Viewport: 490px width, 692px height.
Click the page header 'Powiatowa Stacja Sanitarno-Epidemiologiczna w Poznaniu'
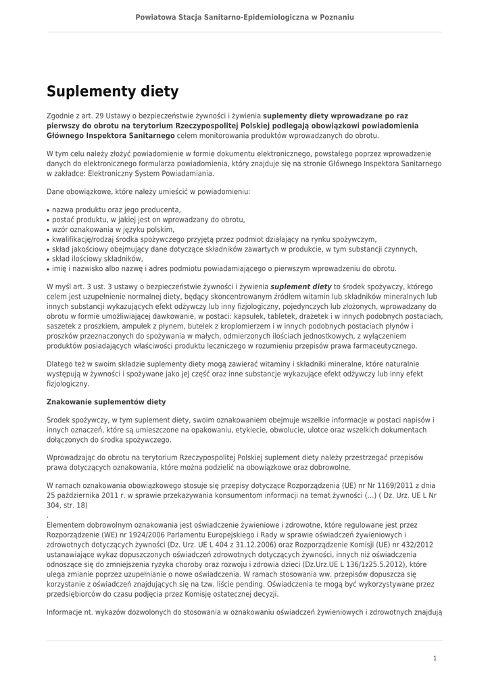tap(245, 17)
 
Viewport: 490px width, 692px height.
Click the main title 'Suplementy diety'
tap(112, 91)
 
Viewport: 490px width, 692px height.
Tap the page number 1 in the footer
tap(435, 658)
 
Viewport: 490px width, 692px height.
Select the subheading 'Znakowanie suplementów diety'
tap(106, 401)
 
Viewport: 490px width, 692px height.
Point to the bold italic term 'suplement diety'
tap(301, 287)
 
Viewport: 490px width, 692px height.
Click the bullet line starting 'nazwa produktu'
tap(116, 210)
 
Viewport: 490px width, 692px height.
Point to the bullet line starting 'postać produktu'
tap(148, 220)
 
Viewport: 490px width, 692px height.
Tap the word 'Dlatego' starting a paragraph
tap(60, 364)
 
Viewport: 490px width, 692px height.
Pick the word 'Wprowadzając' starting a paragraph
tap(71, 458)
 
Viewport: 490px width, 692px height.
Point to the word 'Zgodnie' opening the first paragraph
tap(60, 116)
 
